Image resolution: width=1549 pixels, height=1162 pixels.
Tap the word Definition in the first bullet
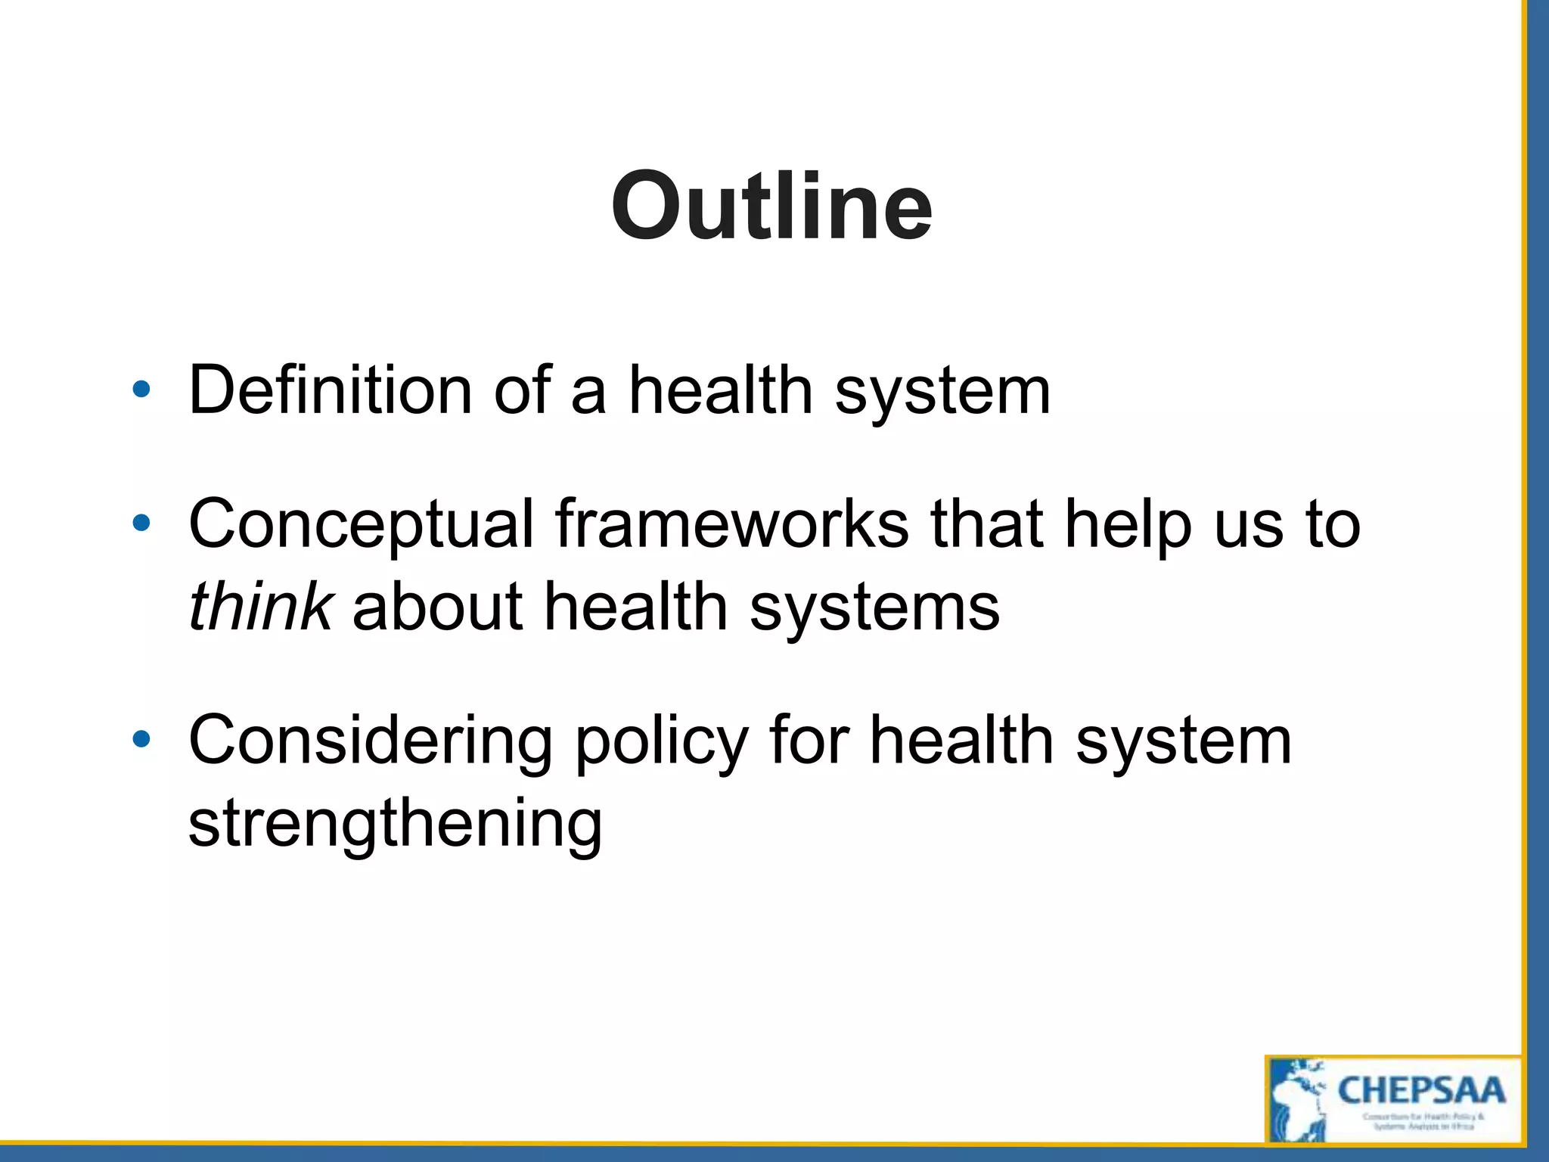pyautogui.click(x=331, y=390)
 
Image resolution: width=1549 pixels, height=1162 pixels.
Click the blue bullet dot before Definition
pyautogui.click(x=141, y=390)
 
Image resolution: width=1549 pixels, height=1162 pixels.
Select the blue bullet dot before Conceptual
pyautogui.click(x=141, y=523)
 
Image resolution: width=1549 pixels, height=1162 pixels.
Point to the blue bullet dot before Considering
pyautogui.click(x=141, y=739)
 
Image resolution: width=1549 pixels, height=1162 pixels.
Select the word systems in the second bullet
pyautogui.click(x=874, y=607)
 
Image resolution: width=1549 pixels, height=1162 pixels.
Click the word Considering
pyautogui.click(x=371, y=741)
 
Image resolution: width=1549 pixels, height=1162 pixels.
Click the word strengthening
pyautogui.click(x=395, y=824)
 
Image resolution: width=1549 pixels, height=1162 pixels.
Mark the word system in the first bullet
pyautogui.click(x=942, y=392)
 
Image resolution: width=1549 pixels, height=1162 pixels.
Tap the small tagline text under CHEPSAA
pyautogui.click(x=1423, y=1121)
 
